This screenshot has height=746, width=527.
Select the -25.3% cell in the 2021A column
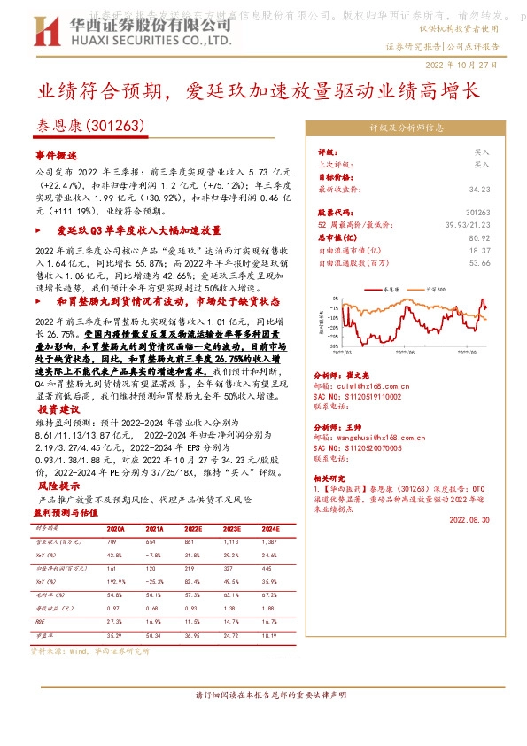click(x=154, y=579)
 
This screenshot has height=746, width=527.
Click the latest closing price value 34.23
click(x=479, y=189)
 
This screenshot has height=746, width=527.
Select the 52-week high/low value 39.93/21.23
click(x=470, y=226)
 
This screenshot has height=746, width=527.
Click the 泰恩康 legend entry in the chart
click(x=394, y=290)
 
